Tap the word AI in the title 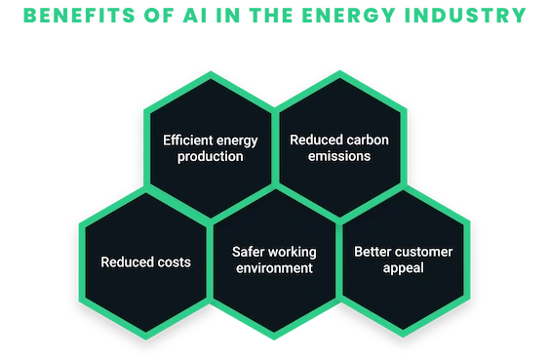195,16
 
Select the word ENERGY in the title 349,16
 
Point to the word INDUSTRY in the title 465,16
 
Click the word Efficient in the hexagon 187,140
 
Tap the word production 210,157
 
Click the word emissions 339,156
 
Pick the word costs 174,262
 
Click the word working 291,253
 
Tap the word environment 274,268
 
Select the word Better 372,252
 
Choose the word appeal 404,268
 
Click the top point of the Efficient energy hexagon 211,71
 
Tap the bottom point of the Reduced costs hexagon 145,340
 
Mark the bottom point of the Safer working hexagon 274,340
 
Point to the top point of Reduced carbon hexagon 339,71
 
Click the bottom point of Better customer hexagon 403,338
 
